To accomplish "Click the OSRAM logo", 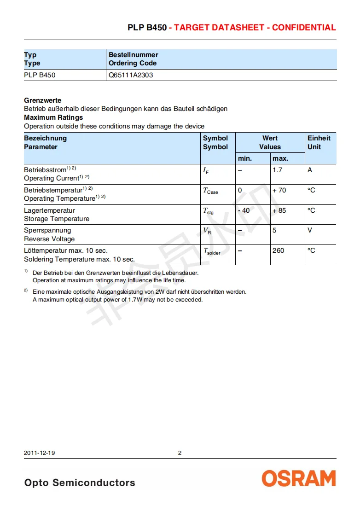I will pos(299,478).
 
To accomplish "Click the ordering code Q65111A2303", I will pos(131,75).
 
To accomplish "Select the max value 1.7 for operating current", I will pos(278,170).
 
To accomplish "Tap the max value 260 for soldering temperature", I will pos(278,250).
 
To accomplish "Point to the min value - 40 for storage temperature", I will pos(244,210).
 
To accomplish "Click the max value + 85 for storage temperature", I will pos(279,210).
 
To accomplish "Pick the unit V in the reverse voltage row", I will pos(310,230).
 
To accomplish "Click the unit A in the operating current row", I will pos(310,170).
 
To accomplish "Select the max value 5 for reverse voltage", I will pos(274,230).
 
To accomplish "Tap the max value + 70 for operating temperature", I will pos(279,190).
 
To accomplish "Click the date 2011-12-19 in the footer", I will pos(40,453).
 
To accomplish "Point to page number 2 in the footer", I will pos(180,453).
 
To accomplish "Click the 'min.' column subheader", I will pos(245,158).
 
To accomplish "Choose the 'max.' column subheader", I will pos(280,158).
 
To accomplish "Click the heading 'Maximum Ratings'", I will pos(53,117).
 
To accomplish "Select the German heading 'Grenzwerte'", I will pos(42,100).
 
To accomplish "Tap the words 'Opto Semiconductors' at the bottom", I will pos(80,483).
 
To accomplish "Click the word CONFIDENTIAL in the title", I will pos(304,28).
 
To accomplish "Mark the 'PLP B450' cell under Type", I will pos(40,75).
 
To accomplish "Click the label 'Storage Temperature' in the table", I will pos(57,219).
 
